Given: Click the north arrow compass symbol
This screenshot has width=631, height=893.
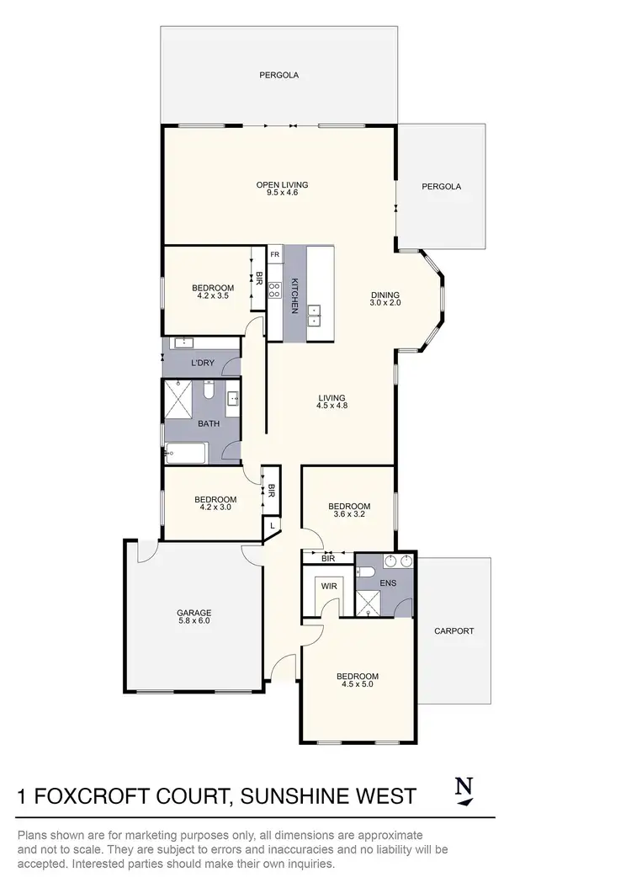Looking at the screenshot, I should point(463,791).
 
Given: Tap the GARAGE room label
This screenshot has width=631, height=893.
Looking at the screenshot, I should point(194,613).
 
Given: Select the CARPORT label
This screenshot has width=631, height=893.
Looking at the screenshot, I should point(454,630).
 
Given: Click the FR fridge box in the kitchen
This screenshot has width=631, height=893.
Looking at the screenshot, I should point(274,253).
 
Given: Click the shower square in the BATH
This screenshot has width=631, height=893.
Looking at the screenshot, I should point(182,398).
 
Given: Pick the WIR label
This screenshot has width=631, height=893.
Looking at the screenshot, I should point(328,587).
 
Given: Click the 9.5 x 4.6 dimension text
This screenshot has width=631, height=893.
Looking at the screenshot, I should point(283,193).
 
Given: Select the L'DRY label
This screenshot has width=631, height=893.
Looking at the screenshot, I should point(202,363).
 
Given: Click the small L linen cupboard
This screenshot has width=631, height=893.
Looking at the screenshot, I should point(272,527).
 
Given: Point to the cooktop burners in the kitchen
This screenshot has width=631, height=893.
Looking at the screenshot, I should point(274,290).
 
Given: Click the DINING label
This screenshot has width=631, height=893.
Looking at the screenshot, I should point(385,295).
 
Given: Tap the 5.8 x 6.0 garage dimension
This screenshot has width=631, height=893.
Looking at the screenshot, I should point(194,621).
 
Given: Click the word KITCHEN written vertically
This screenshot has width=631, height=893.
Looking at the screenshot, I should point(294,295).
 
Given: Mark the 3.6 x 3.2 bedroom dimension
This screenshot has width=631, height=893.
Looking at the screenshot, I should point(349,515).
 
